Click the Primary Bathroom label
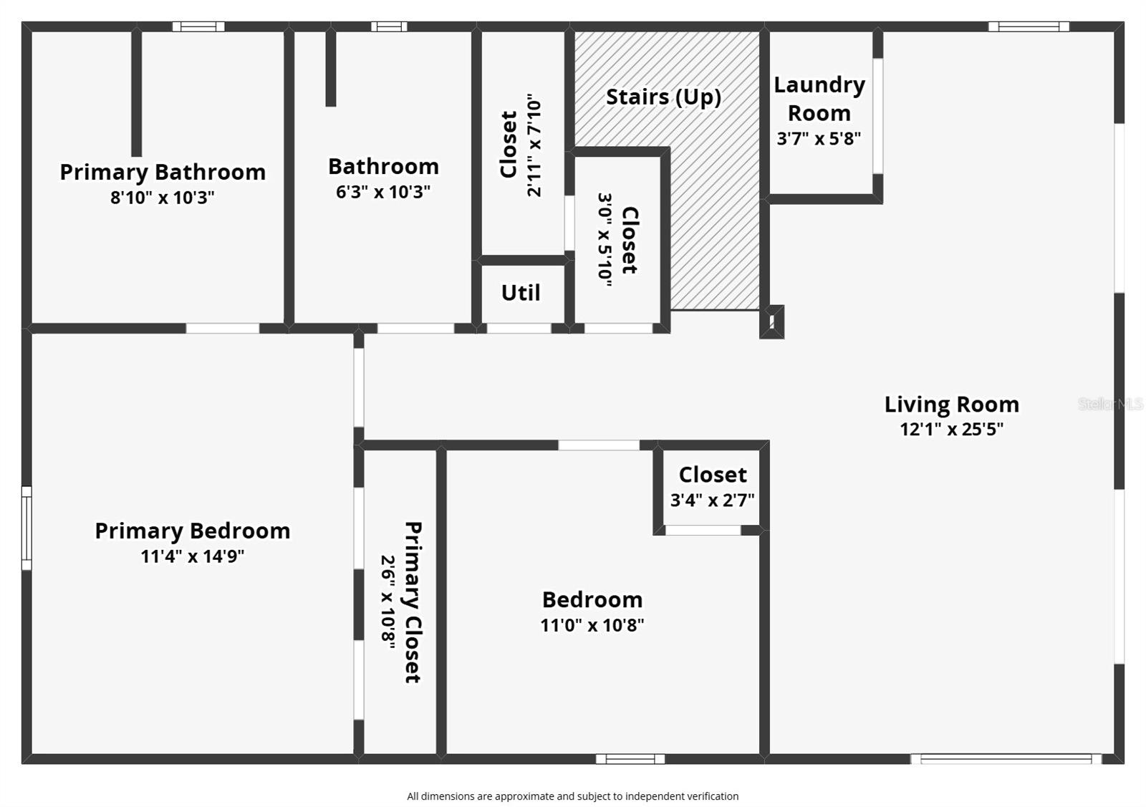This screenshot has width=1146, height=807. (163, 172)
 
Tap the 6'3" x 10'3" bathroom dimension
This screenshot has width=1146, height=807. (383, 192)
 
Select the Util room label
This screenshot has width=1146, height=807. (521, 293)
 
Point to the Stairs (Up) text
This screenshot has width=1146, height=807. (663, 97)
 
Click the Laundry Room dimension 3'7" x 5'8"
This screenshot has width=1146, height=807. (819, 138)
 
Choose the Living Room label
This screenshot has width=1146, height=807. (951, 404)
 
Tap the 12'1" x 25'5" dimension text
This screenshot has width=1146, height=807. (951, 429)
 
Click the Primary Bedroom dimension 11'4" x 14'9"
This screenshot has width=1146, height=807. (192, 556)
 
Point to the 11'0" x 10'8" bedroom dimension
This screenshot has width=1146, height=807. (592, 625)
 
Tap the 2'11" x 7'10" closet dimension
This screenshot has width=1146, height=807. (534, 145)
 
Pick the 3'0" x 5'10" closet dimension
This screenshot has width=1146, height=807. (605, 240)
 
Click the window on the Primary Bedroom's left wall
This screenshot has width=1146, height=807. (27, 528)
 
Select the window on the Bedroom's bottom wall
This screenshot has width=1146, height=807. (630, 759)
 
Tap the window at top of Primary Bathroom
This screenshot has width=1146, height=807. (198, 26)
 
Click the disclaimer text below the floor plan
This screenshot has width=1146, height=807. (572, 796)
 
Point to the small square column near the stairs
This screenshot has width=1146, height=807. (771, 322)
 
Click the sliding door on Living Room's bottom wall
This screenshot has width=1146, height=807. (1006, 759)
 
